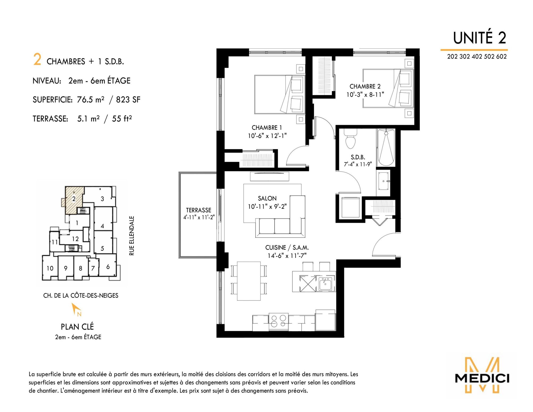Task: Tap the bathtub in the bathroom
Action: tap(386, 147)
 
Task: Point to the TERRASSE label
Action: tap(199, 210)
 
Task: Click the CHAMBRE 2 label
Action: tap(365, 86)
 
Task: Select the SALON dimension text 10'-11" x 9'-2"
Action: tap(267, 206)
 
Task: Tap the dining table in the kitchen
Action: tap(249, 281)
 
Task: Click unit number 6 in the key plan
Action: tap(108, 267)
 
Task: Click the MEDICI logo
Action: tap(482, 375)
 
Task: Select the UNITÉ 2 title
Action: tap(480, 38)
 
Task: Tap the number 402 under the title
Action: tap(477, 57)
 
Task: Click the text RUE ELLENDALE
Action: tap(132, 236)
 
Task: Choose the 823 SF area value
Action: tap(128, 100)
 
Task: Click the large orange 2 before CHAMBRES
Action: tap(37, 59)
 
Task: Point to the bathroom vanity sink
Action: tap(383, 181)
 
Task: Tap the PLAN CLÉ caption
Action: tap(77, 327)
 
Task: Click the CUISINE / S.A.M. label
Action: tap(287, 247)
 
